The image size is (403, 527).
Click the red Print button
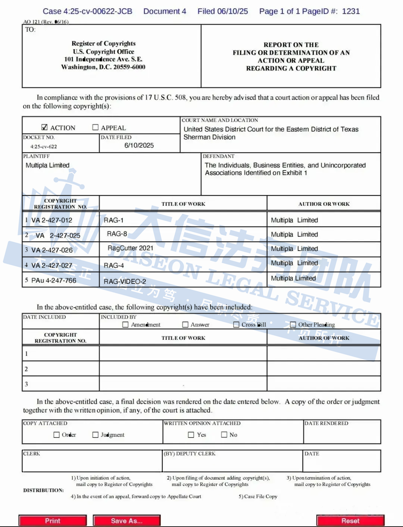click(53, 521)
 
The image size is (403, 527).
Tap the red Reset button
click(350, 521)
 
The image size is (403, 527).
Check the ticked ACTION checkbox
click(44, 127)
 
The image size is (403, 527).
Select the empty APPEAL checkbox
click(96, 127)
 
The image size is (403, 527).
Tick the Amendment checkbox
click(125, 324)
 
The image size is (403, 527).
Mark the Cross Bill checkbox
click(236, 324)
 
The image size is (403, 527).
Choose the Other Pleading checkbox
click(293, 324)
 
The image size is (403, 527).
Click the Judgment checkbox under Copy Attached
click(96, 435)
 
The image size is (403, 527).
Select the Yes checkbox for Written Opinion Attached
click(191, 435)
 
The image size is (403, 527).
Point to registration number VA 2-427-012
click(51, 220)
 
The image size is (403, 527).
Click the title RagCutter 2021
click(130, 248)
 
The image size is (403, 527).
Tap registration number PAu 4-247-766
click(53, 280)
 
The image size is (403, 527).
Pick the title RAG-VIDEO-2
click(125, 281)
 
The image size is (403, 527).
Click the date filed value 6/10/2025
click(139, 145)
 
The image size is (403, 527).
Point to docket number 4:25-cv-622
click(44, 147)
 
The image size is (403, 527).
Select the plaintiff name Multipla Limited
click(47, 165)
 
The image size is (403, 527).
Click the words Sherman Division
click(209, 137)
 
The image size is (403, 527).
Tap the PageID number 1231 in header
click(351, 11)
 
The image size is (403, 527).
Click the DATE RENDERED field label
click(326, 423)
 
